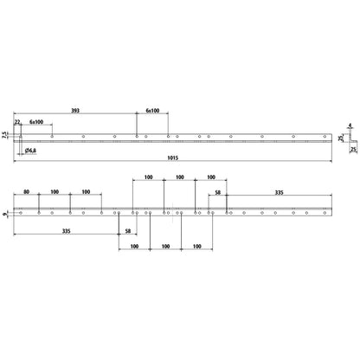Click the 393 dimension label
point(75,111)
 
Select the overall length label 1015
point(173,157)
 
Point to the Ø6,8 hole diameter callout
point(30,151)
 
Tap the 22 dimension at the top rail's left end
point(17,122)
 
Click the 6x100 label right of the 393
point(152,111)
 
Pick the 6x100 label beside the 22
point(36,122)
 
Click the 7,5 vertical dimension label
point(3,135)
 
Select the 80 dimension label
point(26,192)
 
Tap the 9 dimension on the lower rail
point(4,214)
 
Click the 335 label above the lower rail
point(279,192)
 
